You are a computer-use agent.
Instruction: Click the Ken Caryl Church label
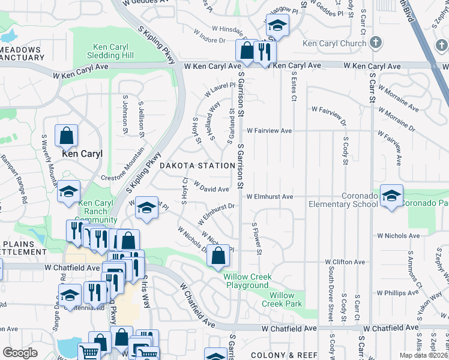(334, 43)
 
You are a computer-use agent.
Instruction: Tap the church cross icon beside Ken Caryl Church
(375, 43)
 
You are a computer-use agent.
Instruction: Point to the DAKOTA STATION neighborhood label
(197, 165)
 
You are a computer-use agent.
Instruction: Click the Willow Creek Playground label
(247, 281)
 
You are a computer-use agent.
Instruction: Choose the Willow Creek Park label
(282, 299)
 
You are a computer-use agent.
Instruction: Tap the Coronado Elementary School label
(343, 200)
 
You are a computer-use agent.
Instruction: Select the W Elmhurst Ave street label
(269, 196)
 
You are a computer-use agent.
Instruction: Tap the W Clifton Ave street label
(345, 262)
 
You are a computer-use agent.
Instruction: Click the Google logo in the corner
(20, 352)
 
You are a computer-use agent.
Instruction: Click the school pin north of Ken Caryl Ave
(277, 25)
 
